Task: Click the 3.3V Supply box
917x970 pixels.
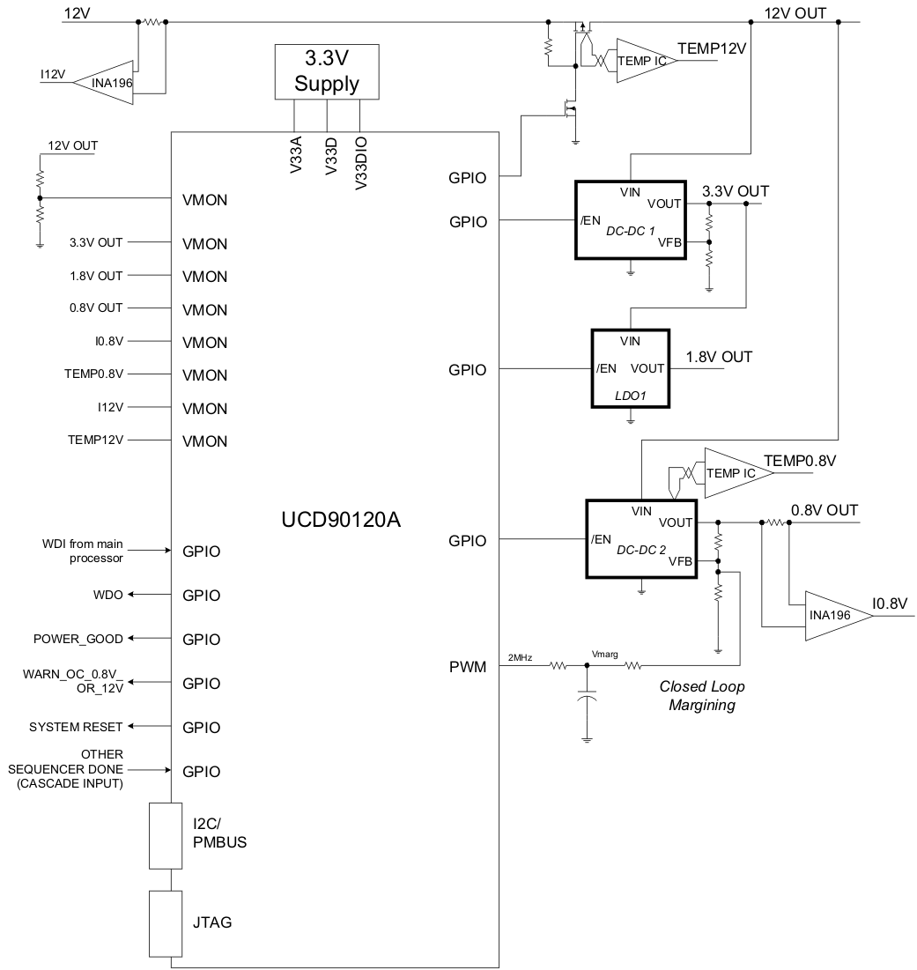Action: pos(327,73)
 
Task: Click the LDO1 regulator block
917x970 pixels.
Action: pos(630,368)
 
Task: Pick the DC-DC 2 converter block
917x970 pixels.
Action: pos(641,539)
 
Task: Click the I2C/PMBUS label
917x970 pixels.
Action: pos(219,833)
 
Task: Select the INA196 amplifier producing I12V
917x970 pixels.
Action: pos(110,84)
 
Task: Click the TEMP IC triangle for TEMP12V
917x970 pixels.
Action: pos(642,61)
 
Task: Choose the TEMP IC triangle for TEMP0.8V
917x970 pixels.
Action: pos(733,473)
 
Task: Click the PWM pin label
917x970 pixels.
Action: pos(468,667)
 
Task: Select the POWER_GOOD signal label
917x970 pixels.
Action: pos(78,639)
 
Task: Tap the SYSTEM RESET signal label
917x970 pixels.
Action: pos(76,728)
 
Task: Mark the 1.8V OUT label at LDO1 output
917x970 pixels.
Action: pos(719,357)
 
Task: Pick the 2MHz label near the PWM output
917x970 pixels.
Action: pos(520,657)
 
